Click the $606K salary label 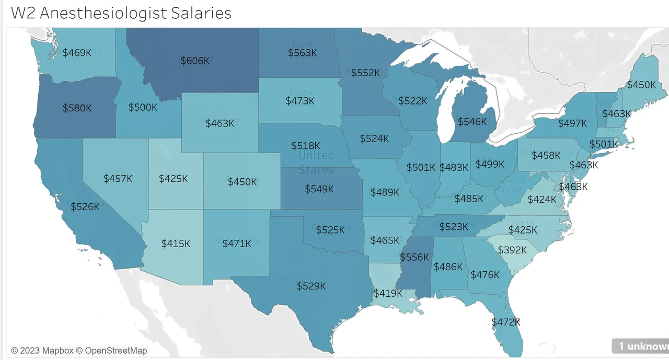(195, 61)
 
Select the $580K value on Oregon (77, 108)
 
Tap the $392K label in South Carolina (512, 250)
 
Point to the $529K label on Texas (311, 286)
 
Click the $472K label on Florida (506, 322)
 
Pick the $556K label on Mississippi (414, 257)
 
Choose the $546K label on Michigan (472, 122)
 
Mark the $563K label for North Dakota (302, 52)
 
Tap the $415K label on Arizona (176, 243)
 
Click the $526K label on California (85, 206)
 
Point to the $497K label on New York (572, 123)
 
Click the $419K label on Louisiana (388, 293)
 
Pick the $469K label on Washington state (77, 52)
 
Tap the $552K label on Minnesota (365, 73)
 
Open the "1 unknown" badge (642, 346)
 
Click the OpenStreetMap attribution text (116, 351)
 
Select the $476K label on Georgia (485, 274)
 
